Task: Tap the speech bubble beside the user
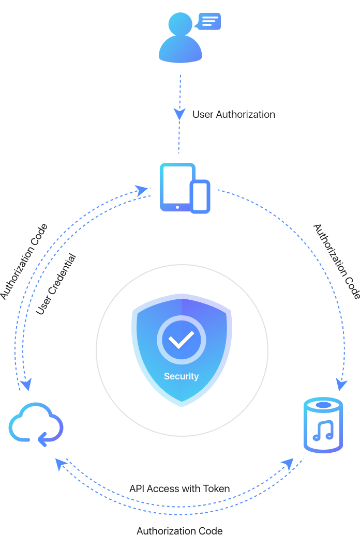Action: [x=208, y=21]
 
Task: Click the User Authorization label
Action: [x=234, y=115]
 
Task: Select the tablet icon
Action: [x=176, y=187]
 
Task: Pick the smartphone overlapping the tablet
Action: [x=200, y=196]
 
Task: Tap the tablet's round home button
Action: [x=177, y=207]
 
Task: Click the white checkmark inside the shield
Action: [x=181, y=339]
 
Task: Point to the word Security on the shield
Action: [x=181, y=376]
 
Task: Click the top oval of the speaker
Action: [x=323, y=404]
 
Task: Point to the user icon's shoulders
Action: [x=179, y=52]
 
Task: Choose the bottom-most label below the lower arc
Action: [x=179, y=530]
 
